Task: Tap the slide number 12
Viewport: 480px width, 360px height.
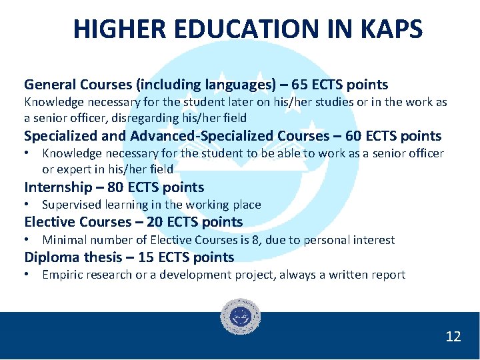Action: (x=453, y=337)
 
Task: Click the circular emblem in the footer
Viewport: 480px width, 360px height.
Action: (x=240, y=316)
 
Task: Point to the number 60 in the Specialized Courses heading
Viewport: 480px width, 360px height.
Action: (x=356, y=136)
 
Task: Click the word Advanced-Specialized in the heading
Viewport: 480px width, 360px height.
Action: (x=202, y=136)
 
